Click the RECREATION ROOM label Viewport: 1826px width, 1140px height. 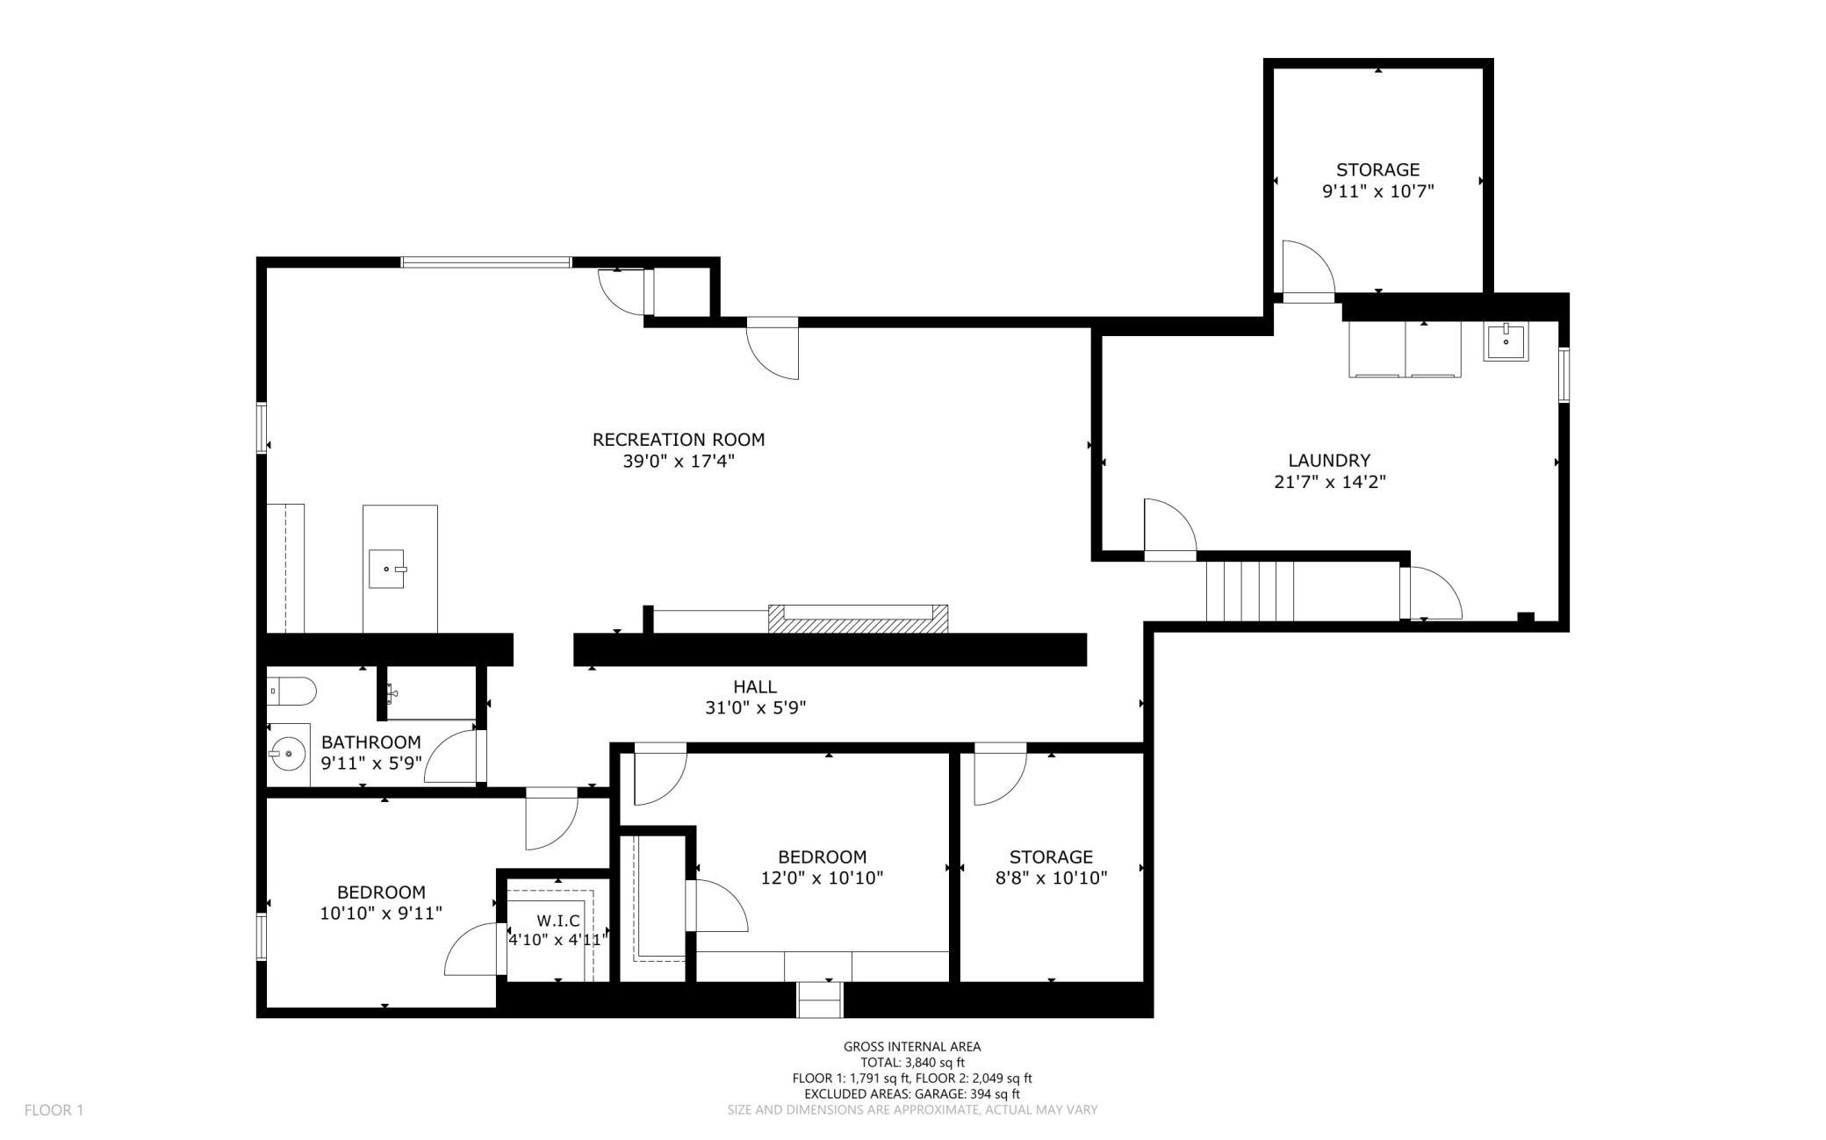(679, 440)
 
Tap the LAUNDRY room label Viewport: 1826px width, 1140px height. (1329, 460)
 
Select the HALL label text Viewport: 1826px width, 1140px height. (755, 686)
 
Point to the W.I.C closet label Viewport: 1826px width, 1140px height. (558, 921)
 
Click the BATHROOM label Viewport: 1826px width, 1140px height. (371, 742)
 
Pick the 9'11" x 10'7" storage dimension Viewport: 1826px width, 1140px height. (1378, 191)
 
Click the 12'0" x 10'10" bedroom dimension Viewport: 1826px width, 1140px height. (822, 878)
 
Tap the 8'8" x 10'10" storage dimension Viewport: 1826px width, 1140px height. (1051, 878)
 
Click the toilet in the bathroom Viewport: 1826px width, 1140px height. (291, 692)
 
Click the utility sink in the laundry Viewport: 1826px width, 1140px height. (1506, 341)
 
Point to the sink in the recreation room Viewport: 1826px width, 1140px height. (387, 569)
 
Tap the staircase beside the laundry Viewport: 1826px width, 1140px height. (1250, 591)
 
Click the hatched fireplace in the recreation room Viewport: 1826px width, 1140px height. (858, 619)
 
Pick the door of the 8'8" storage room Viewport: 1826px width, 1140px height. (1000, 774)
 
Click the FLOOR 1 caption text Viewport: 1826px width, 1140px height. (54, 1110)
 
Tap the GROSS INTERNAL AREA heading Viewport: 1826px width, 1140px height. (912, 1046)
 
